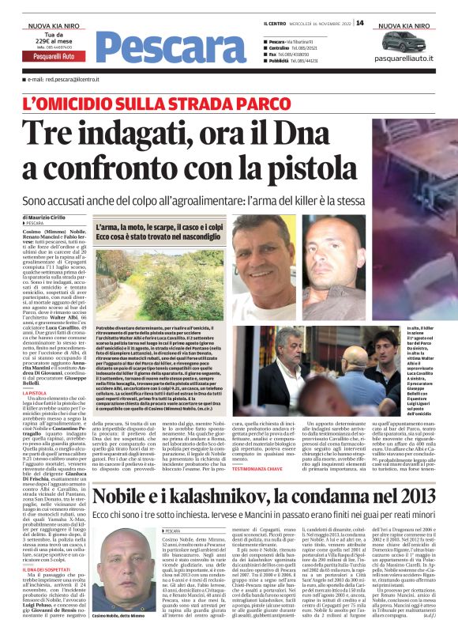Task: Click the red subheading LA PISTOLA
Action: [35, 392]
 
